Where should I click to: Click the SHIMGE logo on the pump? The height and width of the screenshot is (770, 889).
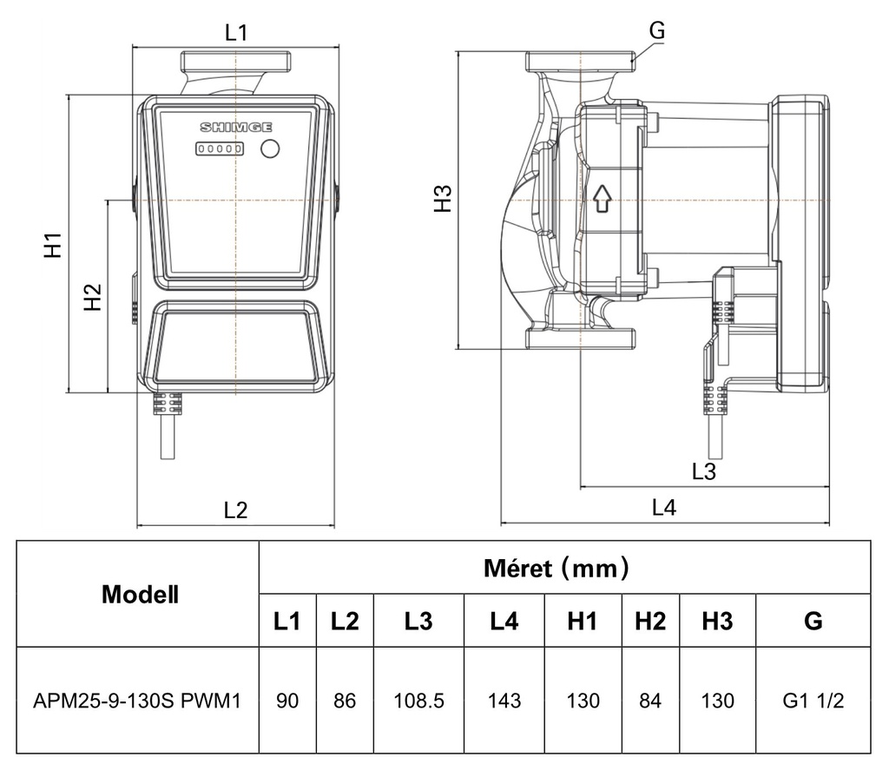point(236,127)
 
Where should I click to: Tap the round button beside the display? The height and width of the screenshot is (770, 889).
point(270,148)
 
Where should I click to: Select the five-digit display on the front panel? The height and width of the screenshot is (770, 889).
point(220,148)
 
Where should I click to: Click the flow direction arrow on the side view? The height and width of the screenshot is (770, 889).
point(603,199)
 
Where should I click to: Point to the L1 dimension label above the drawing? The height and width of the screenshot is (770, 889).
point(236,32)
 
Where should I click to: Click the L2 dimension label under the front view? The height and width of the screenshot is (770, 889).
point(235,510)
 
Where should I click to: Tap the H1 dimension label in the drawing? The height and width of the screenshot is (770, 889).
point(53,245)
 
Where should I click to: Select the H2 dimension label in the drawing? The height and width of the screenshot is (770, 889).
point(92,297)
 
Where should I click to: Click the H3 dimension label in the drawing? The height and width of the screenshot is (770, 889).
point(443,199)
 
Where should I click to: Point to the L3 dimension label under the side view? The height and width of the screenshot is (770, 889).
point(703,471)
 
